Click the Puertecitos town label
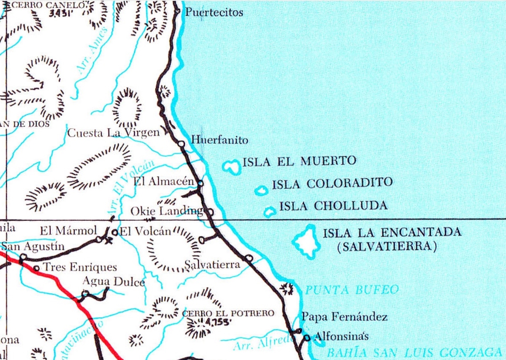coord(214,12)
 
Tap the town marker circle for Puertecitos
coord(178,11)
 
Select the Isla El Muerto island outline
coord(232,167)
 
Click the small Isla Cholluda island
coord(270,211)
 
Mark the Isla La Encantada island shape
coord(307,242)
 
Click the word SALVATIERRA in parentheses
coord(387,247)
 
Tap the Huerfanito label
coord(219,140)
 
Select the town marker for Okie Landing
coord(210,211)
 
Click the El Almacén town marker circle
coord(200,183)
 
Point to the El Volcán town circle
coord(114,232)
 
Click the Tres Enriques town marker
coord(36,268)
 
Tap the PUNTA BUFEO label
coord(352,290)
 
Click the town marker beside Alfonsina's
coord(307,338)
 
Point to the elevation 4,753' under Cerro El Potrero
coord(217,322)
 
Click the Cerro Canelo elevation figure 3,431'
coord(61,13)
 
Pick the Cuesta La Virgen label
coord(113,133)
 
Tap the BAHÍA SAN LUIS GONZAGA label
coord(413,353)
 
